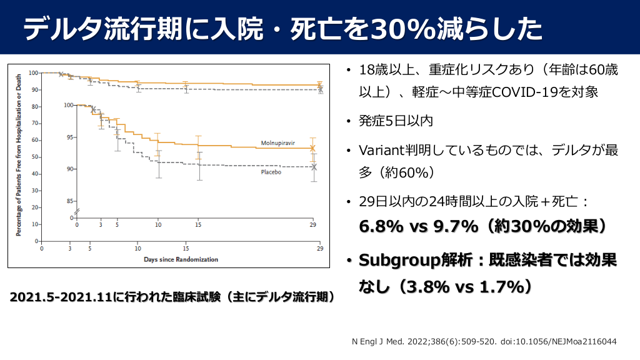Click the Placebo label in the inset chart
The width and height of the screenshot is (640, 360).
click(271, 172)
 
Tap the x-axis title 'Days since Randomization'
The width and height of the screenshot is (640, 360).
click(181, 259)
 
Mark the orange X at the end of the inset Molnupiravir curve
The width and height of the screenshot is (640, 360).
click(313, 148)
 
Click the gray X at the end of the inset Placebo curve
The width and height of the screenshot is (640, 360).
click(314, 167)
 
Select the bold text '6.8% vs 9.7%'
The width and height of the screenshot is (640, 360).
click(418, 226)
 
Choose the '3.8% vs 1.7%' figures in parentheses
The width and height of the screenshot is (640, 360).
click(465, 287)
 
